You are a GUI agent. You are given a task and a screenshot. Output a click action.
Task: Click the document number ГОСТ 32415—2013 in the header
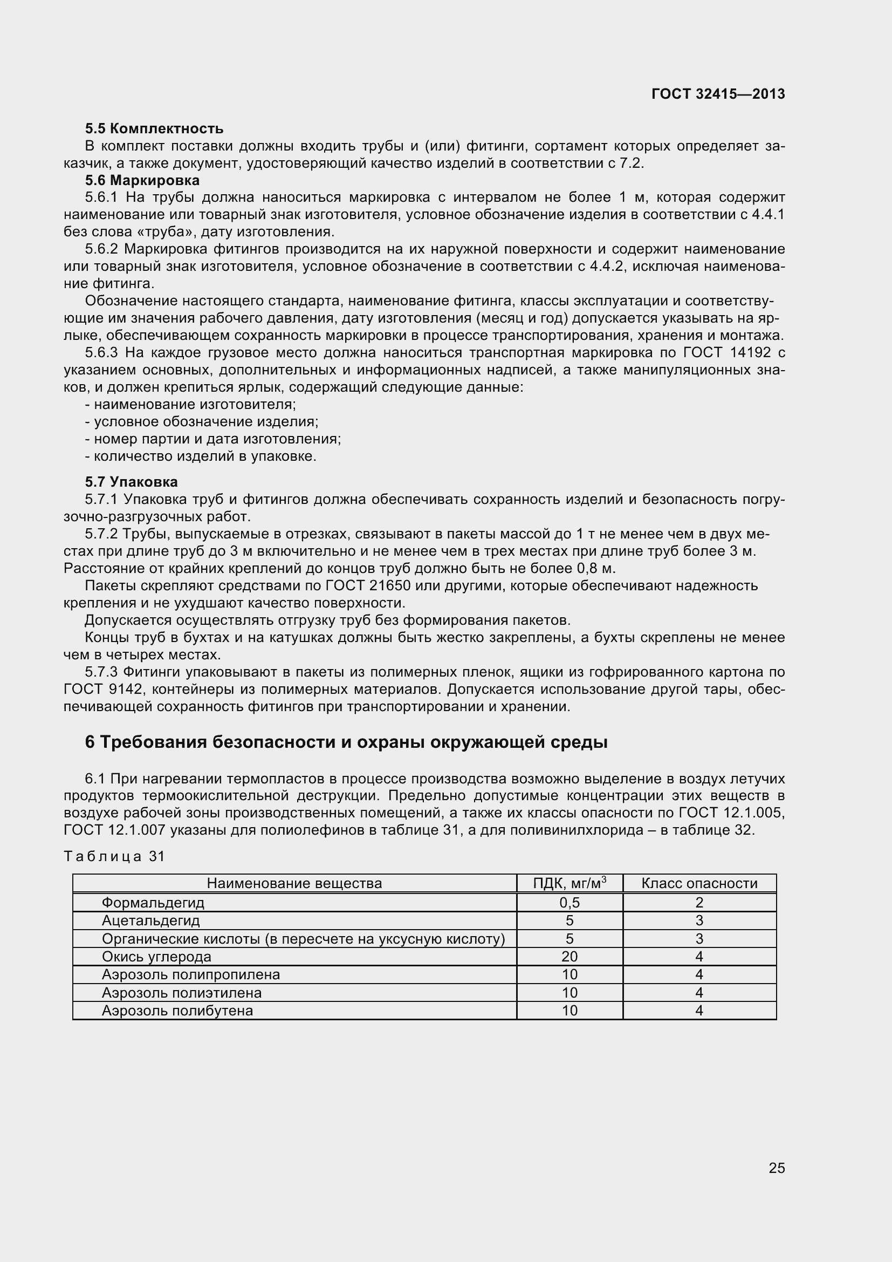[x=718, y=94]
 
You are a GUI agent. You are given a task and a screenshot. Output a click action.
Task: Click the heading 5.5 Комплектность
[x=154, y=128]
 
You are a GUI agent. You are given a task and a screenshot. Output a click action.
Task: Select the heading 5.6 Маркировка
[x=142, y=180]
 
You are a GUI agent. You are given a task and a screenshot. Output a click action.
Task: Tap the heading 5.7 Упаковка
[x=131, y=482]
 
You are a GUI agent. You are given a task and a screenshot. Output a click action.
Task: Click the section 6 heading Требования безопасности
[x=346, y=742]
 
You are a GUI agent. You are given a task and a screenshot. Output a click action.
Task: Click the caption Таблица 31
[x=114, y=856]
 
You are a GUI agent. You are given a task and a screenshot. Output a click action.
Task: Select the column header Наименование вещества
[x=294, y=883]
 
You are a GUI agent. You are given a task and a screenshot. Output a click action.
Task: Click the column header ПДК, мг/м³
[x=569, y=883]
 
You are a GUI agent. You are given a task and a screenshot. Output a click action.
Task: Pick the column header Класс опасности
[x=699, y=883]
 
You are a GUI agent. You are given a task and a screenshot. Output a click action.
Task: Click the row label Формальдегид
[x=153, y=903]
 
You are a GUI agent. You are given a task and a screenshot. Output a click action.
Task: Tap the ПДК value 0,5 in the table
[x=569, y=903]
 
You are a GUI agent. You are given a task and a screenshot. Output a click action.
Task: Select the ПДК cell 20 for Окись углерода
[x=569, y=957]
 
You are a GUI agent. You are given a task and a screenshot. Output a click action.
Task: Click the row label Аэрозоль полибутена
[x=177, y=1010]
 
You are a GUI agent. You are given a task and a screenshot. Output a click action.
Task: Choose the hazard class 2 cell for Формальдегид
[x=699, y=903]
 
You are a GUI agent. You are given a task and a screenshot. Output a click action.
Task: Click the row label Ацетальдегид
[x=150, y=920]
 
